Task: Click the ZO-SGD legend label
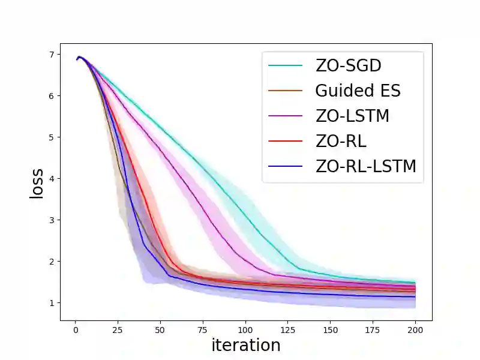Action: (x=348, y=65)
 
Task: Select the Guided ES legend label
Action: (x=358, y=91)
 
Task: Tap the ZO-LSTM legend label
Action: (x=352, y=116)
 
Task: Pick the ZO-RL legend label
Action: (x=340, y=141)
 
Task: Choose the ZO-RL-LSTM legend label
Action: (x=365, y=166)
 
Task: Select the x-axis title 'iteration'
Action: (x=246, y=345)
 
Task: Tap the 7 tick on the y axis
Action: (x=52, y=55)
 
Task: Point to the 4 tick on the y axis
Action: (x=52, y=179)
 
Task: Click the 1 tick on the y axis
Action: (x=52, y=303)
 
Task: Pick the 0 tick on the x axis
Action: (x=75, y=329)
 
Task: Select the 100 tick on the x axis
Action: (x=245, y=329)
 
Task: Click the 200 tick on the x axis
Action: (x=415, y=329)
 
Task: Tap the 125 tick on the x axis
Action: (x=288, y=329)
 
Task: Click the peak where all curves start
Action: (x=80, y=57)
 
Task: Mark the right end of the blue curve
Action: (x=415, y=296)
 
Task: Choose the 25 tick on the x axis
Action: (x=118, y=329)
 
